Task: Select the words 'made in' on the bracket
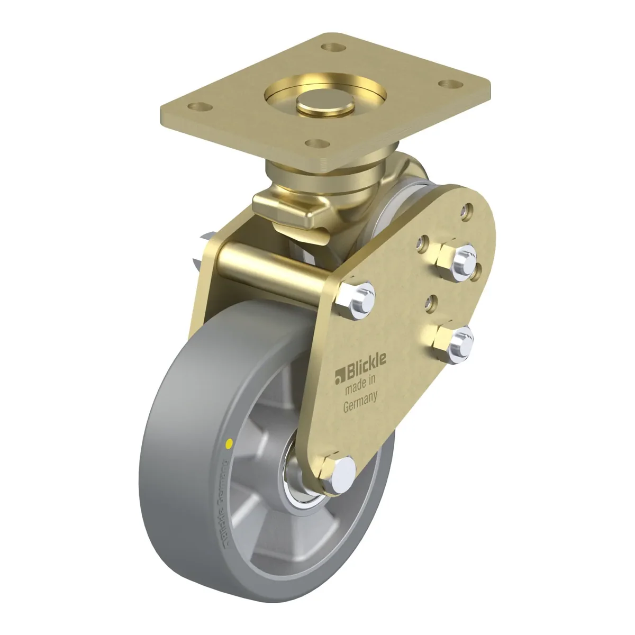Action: click(360, 385)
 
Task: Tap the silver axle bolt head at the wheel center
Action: click(343, 475)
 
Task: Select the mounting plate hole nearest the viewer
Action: click(317, 143)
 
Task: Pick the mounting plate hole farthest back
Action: click(333, 48)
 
